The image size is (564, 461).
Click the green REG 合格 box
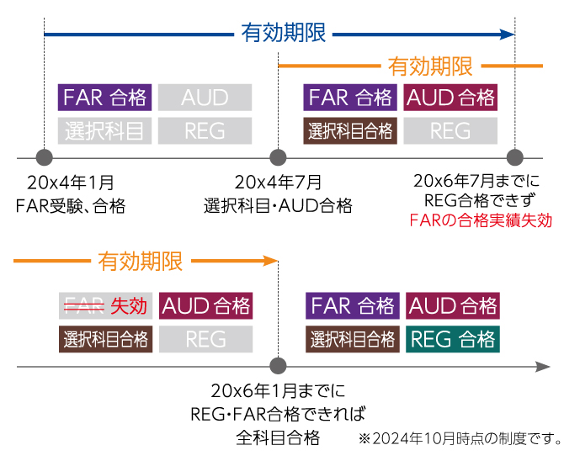tap(452, 339)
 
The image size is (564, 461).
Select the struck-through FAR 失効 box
tap(105, 305)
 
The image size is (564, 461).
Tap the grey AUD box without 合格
tap(205, 98)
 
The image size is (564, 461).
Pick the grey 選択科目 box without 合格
tap(105, 130)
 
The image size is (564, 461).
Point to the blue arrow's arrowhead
tap(507, 34)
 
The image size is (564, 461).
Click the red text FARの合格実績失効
tap(480, 221)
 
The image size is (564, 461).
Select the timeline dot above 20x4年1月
tap(45, 157)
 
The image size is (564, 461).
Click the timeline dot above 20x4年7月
tap(278, 157)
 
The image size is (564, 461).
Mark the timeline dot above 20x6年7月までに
tap(515, 157)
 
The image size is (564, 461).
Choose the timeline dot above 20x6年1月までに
tap(278, 367)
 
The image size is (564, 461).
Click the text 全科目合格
tap(278, 437)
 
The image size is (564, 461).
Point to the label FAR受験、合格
tap(71, 205)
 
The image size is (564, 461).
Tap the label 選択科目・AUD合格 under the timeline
tap(278, 205)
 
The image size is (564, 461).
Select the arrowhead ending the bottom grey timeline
tap(543, 367)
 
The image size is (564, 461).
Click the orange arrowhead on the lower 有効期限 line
tap(270, 261)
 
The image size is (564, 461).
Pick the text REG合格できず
tap(480, 201)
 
